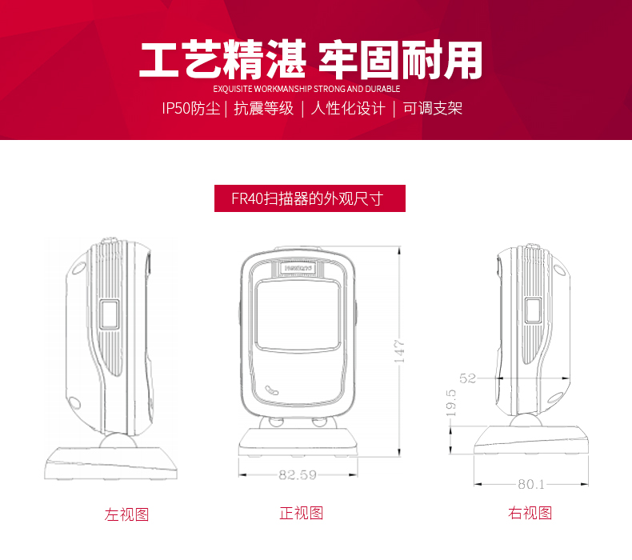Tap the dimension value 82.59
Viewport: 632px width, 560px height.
[298, 474]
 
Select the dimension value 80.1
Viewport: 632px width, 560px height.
[530, 484]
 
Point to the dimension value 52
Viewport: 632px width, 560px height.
[468, 378]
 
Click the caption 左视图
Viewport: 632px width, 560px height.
[126, 514]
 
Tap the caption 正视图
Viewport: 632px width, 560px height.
[301, 513]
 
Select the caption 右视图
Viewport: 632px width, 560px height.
[530, 513]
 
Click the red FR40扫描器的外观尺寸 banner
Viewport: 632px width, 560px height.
[310, 198]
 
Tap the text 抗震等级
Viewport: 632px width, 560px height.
[264, 108]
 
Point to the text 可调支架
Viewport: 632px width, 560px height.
[432, 108]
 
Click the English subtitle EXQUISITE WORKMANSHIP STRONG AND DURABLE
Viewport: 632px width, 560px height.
[306, 89]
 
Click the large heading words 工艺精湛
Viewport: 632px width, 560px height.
[223, 60]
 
